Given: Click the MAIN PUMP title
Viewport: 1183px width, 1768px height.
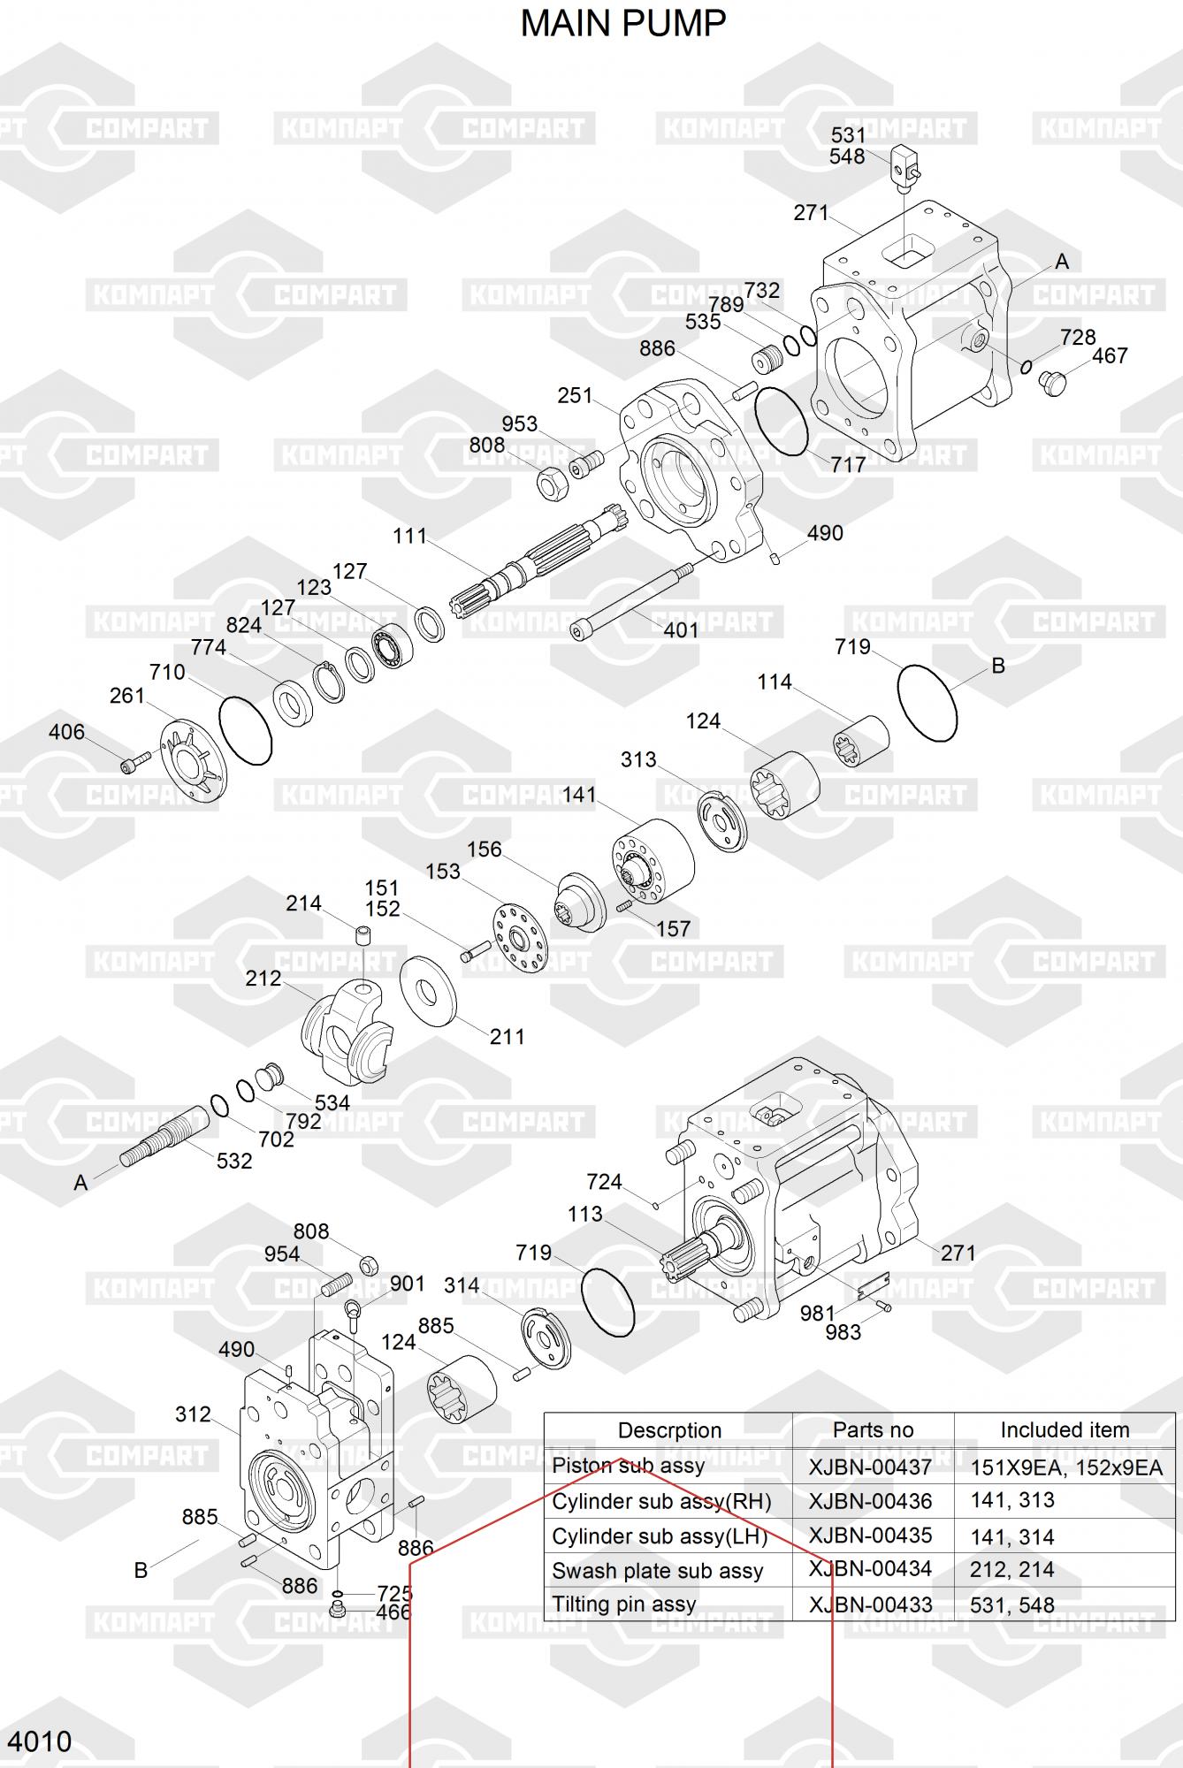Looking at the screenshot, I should (x=622, y=24).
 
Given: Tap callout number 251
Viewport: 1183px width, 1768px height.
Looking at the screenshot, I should (x=575, y=395).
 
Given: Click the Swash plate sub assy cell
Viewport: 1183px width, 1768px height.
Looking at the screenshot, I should (x=657, y=1571).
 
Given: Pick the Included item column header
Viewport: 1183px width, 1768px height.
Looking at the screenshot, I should (x=1065, y=1429).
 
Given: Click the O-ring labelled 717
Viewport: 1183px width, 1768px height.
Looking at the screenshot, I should (x=782, y=421).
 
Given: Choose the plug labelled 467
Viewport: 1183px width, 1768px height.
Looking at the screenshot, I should (x=1053, y=382).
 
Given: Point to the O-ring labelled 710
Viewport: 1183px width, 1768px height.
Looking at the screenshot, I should (x=245, y=730).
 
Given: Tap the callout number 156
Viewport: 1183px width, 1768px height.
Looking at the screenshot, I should (x=484, y=850).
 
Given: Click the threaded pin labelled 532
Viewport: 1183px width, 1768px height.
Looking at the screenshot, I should (x=164, y=1136).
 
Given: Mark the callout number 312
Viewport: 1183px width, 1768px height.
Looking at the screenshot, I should (x=193, y=1414).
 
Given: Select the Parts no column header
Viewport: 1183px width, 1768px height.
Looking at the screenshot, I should (x=873, y=1429).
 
